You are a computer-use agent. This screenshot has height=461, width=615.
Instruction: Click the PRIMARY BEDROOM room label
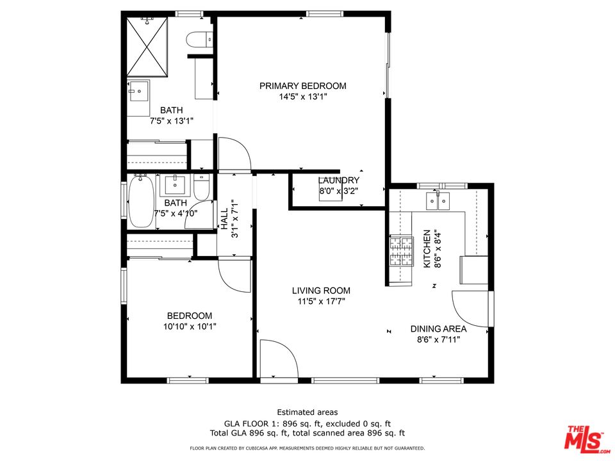click(302, 86)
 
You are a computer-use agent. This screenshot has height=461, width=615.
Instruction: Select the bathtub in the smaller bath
click(141, 202)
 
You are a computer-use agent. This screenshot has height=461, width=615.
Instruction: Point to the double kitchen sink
click(439, 201)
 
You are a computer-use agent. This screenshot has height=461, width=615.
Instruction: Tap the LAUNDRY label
click(338, 181)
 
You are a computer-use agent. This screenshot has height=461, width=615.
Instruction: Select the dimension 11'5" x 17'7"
click(322, 302)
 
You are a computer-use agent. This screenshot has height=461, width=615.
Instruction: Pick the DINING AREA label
click(438, 329)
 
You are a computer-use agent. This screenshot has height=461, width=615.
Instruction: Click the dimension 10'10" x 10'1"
click(189, 327)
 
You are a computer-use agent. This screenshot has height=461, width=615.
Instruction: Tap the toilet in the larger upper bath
click(199, 40)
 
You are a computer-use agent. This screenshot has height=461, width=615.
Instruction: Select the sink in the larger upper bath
click(138, 92)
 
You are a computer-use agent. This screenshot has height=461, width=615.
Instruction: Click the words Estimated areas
click(307, 412)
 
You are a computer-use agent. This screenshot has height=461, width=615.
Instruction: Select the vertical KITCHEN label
click(427, 248)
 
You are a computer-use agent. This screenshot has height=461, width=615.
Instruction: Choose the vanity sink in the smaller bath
click(174, 186)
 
